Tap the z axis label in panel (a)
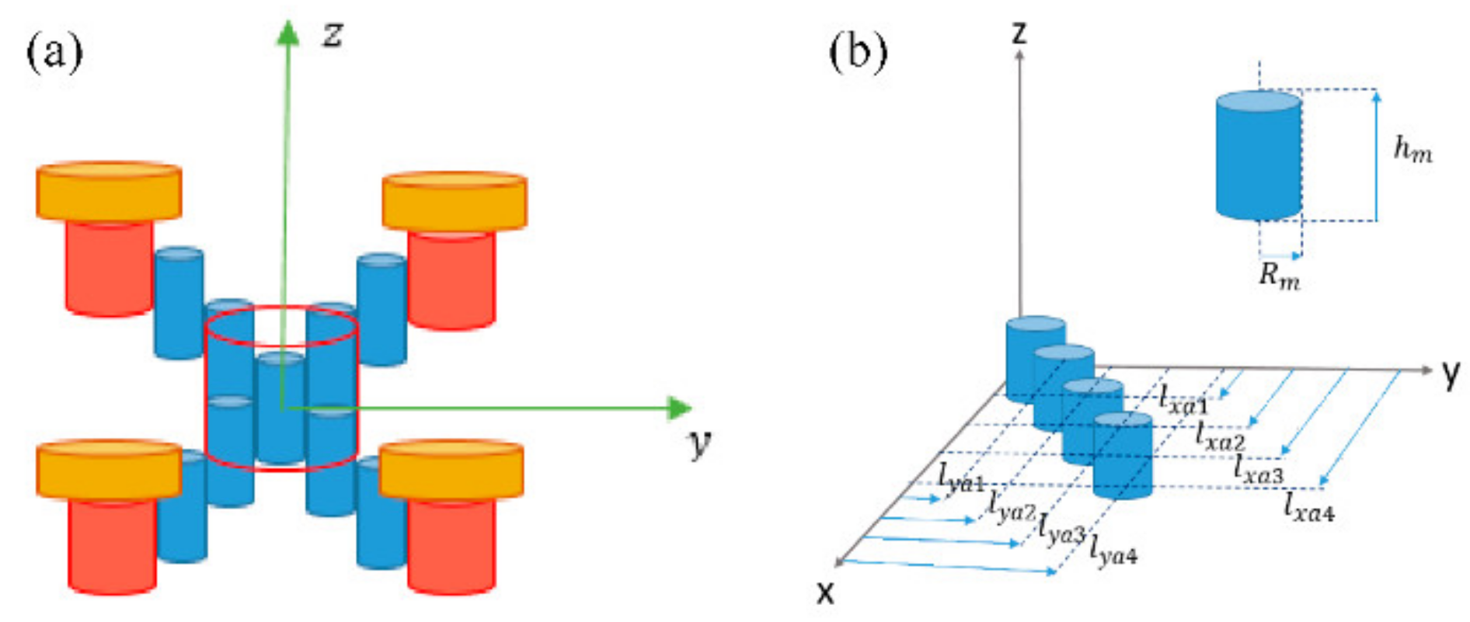tap(333, 35)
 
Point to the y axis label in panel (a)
tap(700, 444)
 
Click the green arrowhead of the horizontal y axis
tap(679, 408)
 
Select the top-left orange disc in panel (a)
tap(109, 191)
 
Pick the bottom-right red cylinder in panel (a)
tap(451, 544)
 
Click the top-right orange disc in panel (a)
tap(455, 201)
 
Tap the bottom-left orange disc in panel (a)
tap(109, 469)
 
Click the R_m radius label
tap(1279, 276)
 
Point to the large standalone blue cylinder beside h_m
tap(1259, 155)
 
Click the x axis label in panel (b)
tap(825, 593)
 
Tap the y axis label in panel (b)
tap(1450, 375)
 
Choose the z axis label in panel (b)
tap(1019, 33)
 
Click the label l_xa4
tap(1308, 508)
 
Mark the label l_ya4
tap(1113, 550)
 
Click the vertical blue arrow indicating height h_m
tap(1376, 155)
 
